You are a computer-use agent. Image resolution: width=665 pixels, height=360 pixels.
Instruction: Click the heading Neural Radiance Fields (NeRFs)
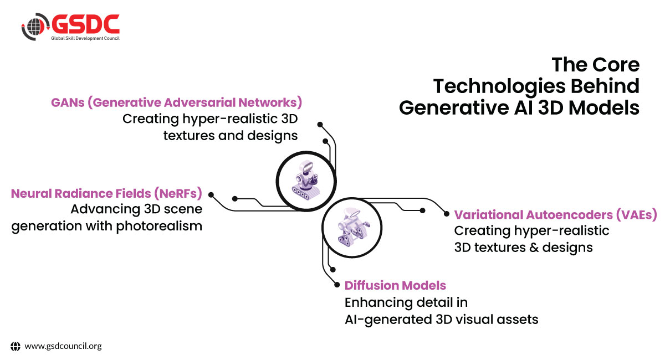[106, 193]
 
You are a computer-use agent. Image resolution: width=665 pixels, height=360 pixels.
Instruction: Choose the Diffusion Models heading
[395, 285]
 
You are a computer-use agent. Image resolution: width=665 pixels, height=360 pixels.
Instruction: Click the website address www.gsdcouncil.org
[63, 346]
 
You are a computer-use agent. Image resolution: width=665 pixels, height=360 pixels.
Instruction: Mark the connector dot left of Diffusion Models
[336, 285]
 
